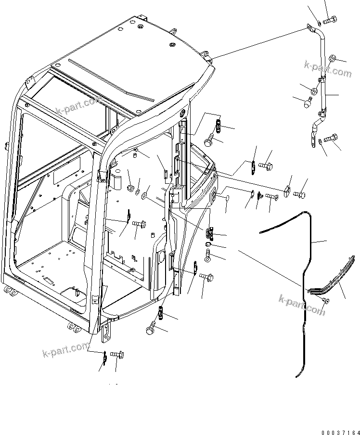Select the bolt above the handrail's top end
tap(330, 20)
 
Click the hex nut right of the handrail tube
tap(333, 59)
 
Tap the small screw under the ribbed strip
tap(325, 301)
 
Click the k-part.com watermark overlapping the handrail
tap(327, 69)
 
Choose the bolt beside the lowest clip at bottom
tap(116, 355)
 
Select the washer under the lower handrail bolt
tap(321, 141)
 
